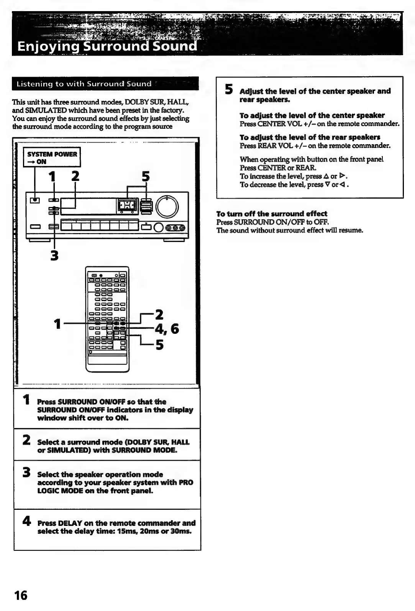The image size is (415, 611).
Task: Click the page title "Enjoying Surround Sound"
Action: point(107,46)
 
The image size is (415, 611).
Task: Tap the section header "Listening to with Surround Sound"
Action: point(84,84)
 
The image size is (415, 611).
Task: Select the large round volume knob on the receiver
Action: point(167,206)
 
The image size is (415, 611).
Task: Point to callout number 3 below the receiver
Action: point(54,255)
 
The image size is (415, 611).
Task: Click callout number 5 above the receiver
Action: point(146,176)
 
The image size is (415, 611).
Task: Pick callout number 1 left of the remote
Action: point(57,324)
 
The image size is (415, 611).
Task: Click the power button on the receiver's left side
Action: point(35,200)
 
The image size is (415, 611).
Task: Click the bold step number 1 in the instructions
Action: point(26,399)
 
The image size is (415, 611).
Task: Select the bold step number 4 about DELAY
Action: point(26,521)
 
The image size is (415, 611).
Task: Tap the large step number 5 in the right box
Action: point(229,89)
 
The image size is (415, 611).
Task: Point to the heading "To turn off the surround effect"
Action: point(272,214)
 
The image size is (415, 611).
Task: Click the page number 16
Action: point(21,595)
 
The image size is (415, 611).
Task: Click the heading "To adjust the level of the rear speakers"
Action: point(310,137)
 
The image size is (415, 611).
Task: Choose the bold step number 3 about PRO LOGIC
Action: point(26,472)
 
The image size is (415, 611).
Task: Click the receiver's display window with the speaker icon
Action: point(126,206)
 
